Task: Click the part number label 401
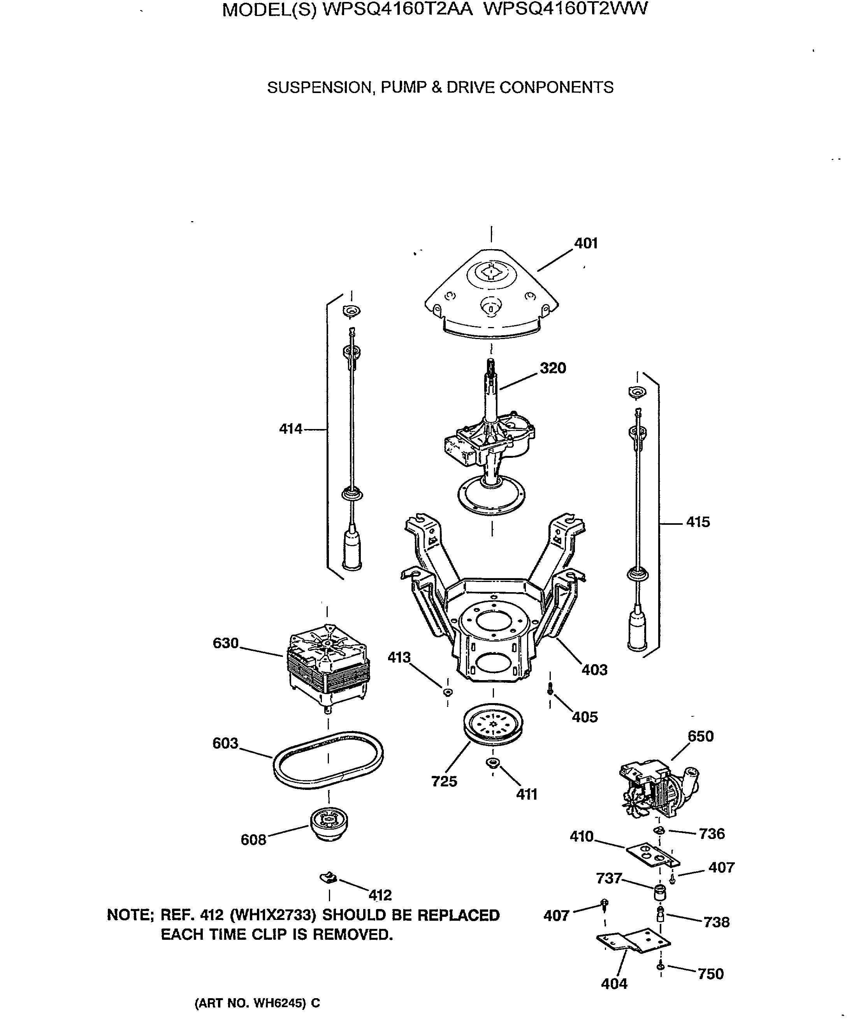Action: click(x=585, y=243)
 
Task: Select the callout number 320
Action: click(x=552, y=368)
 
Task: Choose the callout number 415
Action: click(x=698, y=522)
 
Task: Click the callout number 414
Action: click(x=291, y=429)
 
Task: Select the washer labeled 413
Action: click(x=447, y=692)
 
